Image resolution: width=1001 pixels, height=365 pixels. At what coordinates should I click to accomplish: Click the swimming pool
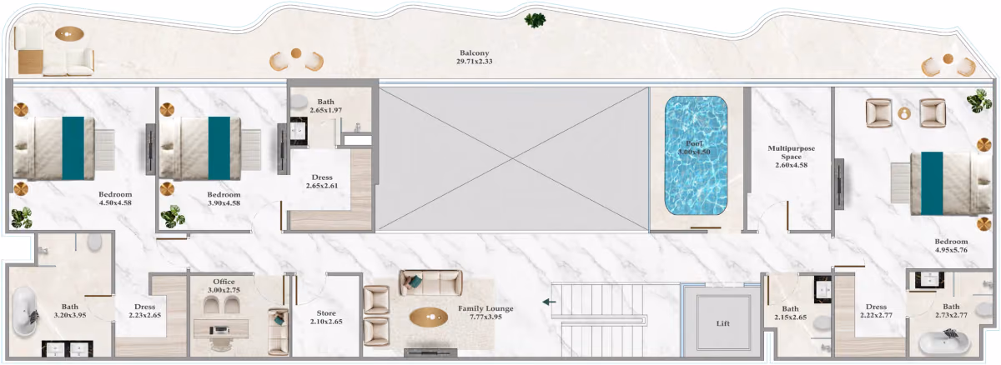pos(696,156)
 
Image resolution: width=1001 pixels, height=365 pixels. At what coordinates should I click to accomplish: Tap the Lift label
pos(723,323)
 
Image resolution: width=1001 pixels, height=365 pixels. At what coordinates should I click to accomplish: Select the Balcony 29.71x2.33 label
pos(474,57)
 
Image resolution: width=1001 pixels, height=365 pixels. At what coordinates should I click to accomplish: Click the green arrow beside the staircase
pos(549,302)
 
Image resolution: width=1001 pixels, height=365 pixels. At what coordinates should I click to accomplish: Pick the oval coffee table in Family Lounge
pos(429,317)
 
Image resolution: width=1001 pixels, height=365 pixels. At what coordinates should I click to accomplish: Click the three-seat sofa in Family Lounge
pos(430,282)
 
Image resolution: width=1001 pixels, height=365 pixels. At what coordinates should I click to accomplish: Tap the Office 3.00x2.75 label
pos(224,286)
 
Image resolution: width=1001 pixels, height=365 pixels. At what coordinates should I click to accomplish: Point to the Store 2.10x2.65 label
pos(326,317)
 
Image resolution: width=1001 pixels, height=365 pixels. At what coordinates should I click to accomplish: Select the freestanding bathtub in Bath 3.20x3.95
pos(24,312)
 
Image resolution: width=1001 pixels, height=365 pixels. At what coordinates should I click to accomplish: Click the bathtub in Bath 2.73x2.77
pos(943,342)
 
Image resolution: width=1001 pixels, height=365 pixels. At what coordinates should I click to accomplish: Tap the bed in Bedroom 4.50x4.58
pos(54,148)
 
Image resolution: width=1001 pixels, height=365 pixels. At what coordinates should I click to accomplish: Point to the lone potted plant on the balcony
pos(535,20)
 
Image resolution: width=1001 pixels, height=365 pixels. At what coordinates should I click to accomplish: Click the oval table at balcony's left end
pos(69,33)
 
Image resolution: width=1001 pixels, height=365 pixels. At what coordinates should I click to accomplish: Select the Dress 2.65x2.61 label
pos(322,182)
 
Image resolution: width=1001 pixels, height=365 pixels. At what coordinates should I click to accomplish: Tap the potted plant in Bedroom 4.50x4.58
pos(22,217)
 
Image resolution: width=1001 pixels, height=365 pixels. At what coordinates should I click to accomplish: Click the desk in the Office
pos(221,328)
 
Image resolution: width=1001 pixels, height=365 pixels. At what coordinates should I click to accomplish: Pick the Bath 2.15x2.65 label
pos(791,312)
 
